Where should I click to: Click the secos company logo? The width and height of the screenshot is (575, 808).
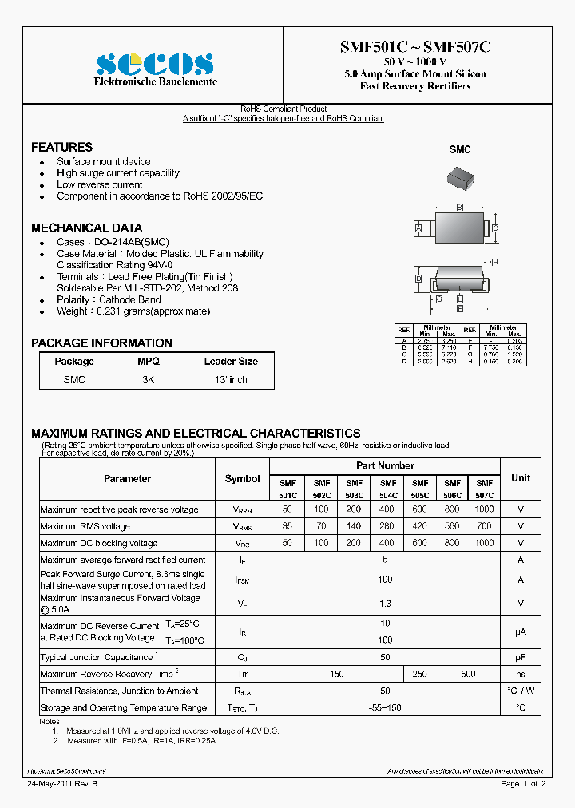tap(155, 64)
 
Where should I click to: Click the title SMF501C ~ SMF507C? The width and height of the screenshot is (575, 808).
tap(415, 47)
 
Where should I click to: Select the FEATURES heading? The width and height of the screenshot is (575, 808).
tap(61, 148)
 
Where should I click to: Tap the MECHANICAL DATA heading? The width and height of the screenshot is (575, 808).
tap(86, 228)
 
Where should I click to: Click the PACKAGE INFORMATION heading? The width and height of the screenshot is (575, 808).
tap(101, 343)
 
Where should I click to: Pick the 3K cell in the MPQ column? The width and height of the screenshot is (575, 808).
tap(149, 380)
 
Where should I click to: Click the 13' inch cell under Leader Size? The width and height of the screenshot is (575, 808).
tap(231, 380)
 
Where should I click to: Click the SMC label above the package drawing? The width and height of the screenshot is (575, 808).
tap(460, 149)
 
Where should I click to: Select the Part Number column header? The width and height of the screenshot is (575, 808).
tap(385, 465)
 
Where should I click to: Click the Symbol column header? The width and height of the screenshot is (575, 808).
tap(242, 479)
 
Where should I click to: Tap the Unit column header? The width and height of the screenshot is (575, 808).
tap(520, 478)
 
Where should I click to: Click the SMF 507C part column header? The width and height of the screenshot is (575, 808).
tap(484, 489)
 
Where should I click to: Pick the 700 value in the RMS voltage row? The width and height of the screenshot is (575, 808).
tap(484, 527)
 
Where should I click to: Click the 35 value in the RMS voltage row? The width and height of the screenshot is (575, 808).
tap(287, 527)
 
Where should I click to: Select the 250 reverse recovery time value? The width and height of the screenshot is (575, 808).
tap(419, 674)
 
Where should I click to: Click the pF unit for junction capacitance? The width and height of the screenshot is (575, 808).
tap(520, 657)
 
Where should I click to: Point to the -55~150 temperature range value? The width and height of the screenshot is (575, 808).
tap(385, 707)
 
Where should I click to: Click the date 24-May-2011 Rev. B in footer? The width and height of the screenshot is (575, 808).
tap(60, 784)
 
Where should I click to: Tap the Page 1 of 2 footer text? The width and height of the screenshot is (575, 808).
tap(523, 784)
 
